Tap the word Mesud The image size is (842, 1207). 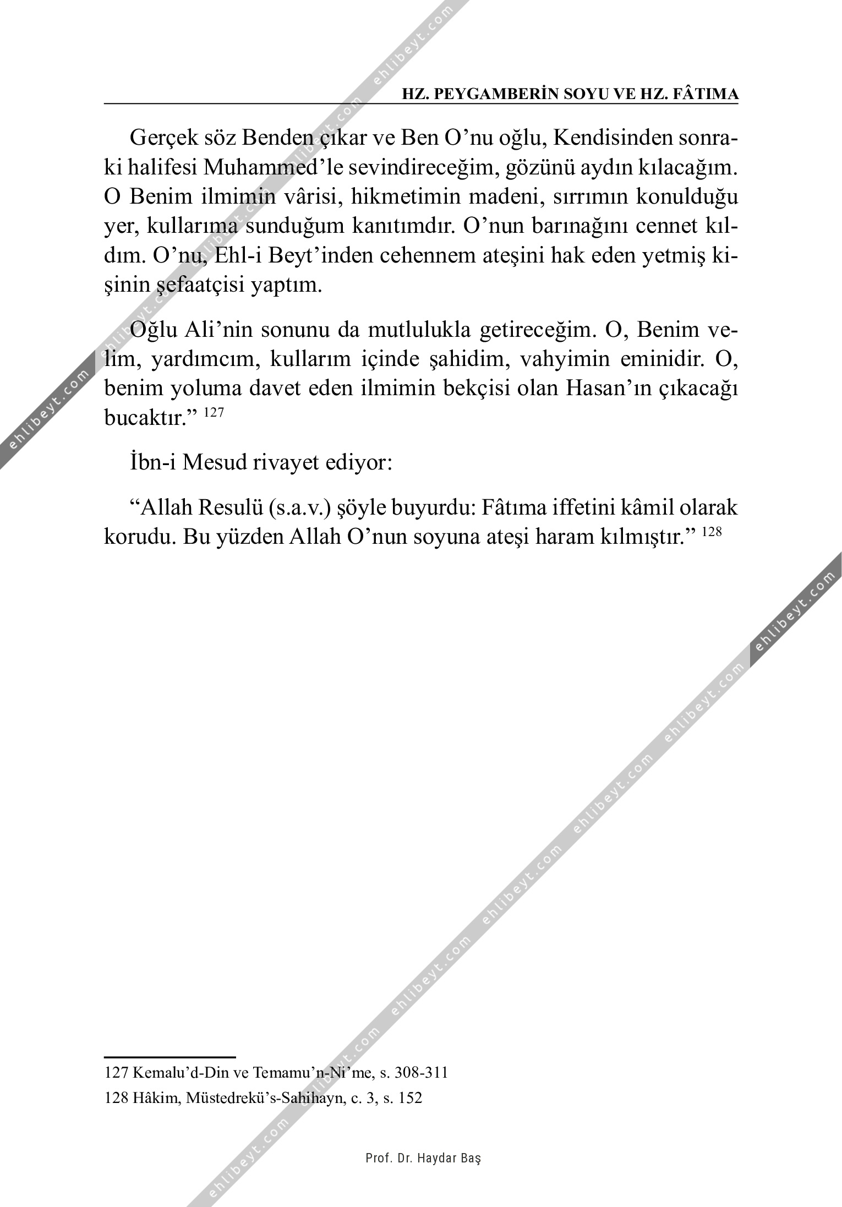click(x=214, y=462)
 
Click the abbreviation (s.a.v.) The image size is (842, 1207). click(x=300, y=507)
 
